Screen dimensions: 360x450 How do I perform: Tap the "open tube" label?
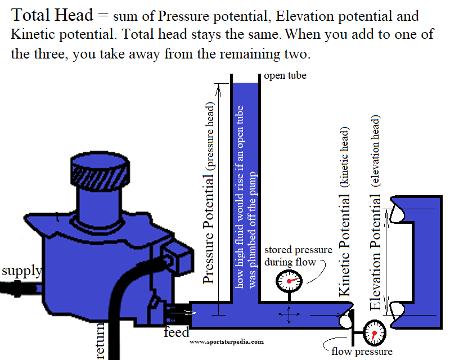point(285,75)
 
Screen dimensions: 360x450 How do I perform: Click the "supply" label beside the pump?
point(21,271)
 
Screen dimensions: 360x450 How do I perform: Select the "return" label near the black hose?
point(101,340)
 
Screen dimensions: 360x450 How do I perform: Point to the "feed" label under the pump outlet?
point(176,332)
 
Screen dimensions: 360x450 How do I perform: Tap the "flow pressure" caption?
point(361,352)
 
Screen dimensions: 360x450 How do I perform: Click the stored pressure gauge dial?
point(289,280)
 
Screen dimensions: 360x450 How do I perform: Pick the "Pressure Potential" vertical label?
point(209,228)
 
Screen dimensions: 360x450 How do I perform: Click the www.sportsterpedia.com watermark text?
point(226,341)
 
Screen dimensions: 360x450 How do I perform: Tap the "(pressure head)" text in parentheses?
point(210,135)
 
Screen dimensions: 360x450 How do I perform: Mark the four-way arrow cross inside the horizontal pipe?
point(289,316)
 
